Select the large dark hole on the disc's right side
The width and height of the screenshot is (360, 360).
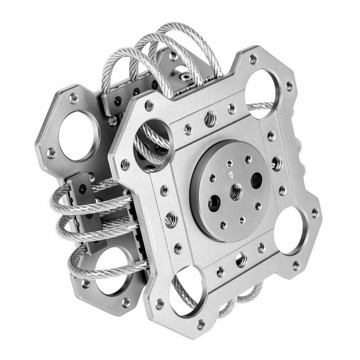pos(257,180)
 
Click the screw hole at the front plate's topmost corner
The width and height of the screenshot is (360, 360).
pos(253,59)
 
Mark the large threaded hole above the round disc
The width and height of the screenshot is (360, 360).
pos(210,119)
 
